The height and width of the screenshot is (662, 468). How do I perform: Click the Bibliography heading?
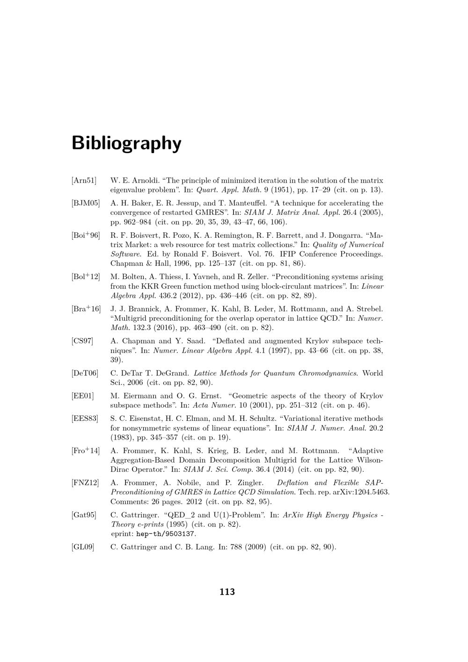(x=126, y=143)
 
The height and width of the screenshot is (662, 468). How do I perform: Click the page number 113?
(x=227, y=592)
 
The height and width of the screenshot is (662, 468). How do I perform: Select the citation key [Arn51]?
(x=84, y=180)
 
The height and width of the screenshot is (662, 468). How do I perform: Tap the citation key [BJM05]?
(x=86, y=203)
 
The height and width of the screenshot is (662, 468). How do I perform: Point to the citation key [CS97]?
(x=82, y=341)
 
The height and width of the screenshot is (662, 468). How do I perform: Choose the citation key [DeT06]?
(x=85, y=373)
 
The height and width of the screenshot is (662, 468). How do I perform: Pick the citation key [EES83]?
(x=85, y=419)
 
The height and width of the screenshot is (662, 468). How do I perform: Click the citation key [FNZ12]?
(x=85, y=483)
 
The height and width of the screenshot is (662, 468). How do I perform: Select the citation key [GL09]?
(x=83, y=547)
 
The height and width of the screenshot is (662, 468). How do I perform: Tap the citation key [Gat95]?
(x=84, y=515)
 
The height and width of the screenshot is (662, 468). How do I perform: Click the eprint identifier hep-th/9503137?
(x=166, y=534)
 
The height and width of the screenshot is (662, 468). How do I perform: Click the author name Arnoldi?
(x=146, y=180)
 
